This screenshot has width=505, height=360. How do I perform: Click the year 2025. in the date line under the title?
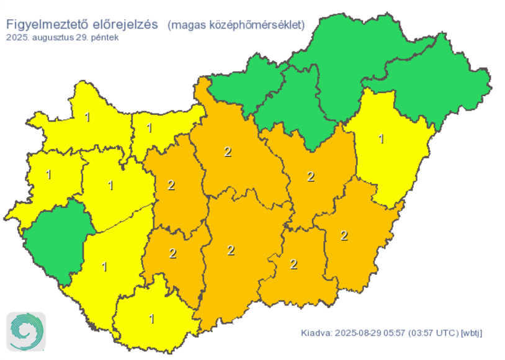[x=17, y=37]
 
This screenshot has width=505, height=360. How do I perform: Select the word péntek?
[x=105, y=37]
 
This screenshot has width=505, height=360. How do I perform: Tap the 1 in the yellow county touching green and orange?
[x=381, y=138]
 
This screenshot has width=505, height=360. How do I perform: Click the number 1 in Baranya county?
[x=152, y=319]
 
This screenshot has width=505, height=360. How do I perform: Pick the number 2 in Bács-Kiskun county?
[x=231, y=250]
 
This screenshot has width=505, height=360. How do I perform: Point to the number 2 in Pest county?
[x=228, y=151]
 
